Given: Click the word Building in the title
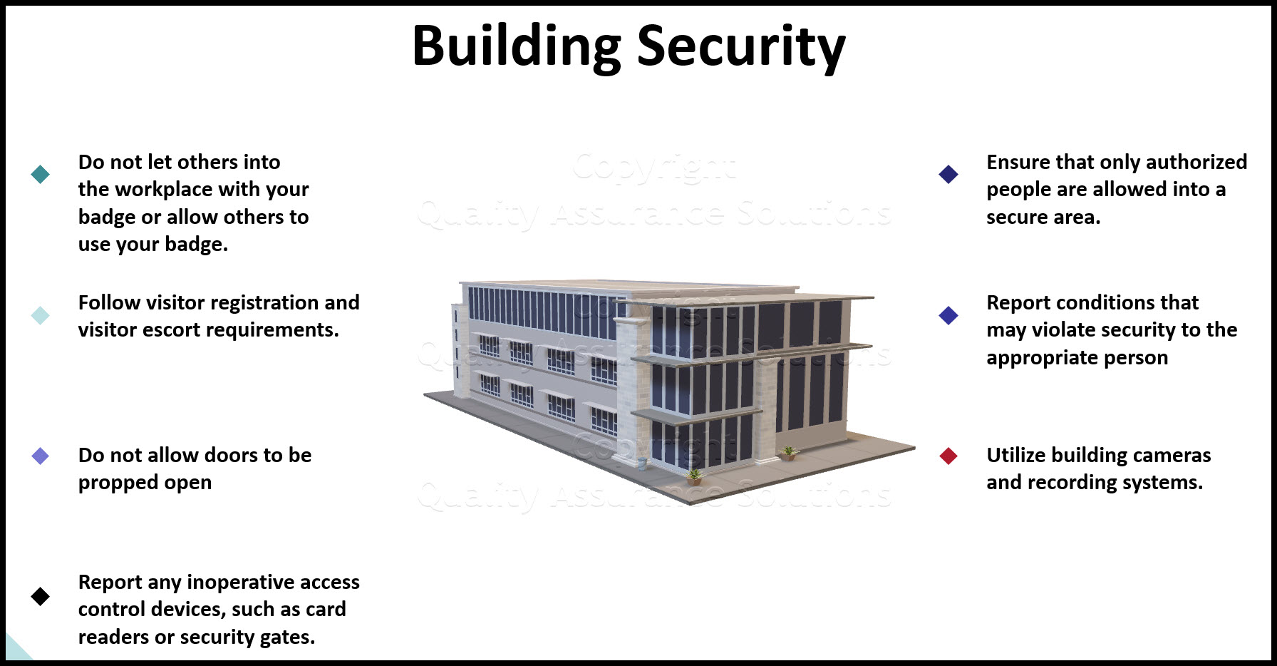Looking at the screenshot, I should click(x=516, y=47).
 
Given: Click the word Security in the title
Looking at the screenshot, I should click(x=740, y=47).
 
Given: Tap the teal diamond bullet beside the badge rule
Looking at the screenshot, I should click(x=41, y=174).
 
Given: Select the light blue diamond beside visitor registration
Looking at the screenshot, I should click(x=41, y=315).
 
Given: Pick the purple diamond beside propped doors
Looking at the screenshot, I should click(x=41, y=456).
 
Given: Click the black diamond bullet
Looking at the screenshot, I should click(x=41, y=596).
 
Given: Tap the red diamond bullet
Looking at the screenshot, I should click(x=948, y=456).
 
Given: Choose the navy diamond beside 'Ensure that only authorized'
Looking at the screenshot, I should click(x=948, y=174).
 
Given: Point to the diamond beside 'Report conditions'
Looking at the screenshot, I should click(x=948, y=315).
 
